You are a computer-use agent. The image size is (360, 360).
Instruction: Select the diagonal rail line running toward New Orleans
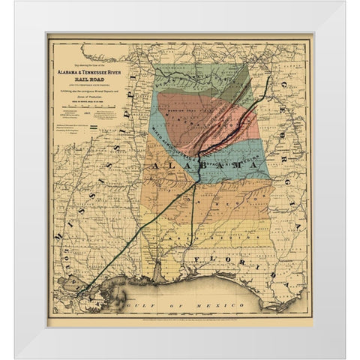142,232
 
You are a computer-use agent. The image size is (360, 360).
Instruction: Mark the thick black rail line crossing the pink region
225,124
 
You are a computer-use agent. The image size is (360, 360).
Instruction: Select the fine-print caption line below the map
180,318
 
